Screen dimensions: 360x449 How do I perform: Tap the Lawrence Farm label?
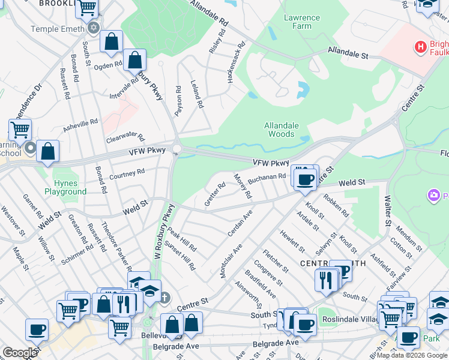point(298,22)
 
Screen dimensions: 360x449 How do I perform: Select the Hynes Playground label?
point(65,187)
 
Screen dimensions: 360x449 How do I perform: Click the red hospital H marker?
point(421,46)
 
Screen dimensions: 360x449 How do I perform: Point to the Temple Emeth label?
point(59,28)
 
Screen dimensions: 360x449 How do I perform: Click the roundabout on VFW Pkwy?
point(177,149)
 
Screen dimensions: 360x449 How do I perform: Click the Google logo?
point(20,353)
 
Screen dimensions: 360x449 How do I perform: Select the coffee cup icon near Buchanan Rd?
point(306,178)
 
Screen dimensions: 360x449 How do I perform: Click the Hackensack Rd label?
point(236,62)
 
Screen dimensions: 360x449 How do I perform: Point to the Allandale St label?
point(348,54)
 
